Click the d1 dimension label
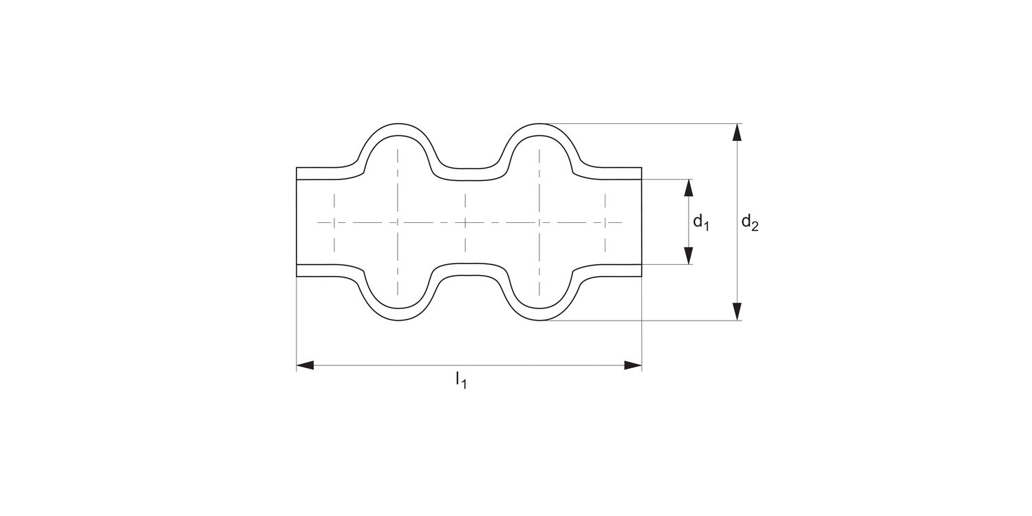(x=700, y=222)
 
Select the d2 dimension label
(x=749, y=222)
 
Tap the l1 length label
(x=460, y=379)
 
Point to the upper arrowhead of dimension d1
(x=689, y=187)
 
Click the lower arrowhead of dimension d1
(x=689, y=256)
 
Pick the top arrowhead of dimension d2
(x=738, y=132)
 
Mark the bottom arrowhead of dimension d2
(x=738, y=312)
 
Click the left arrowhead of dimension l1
(x=305, y=365)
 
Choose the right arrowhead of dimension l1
(x=633, y=365)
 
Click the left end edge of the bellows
(x=297, y=222)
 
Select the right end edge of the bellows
(x=642, y=222)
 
